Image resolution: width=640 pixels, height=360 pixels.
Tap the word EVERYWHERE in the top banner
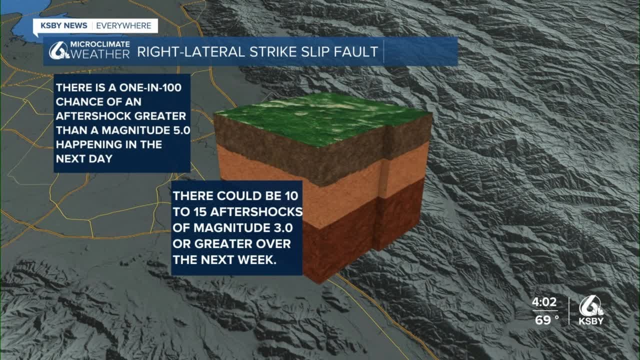click(x=124, y=25)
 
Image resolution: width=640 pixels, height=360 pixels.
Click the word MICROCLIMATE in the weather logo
click(x=100, y=44)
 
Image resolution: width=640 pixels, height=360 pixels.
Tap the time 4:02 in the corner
click(x=544, y=302)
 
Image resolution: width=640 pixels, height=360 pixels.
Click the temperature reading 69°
click(x=546, y=320)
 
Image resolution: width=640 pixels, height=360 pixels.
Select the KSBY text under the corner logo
click(x=591, y=321)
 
